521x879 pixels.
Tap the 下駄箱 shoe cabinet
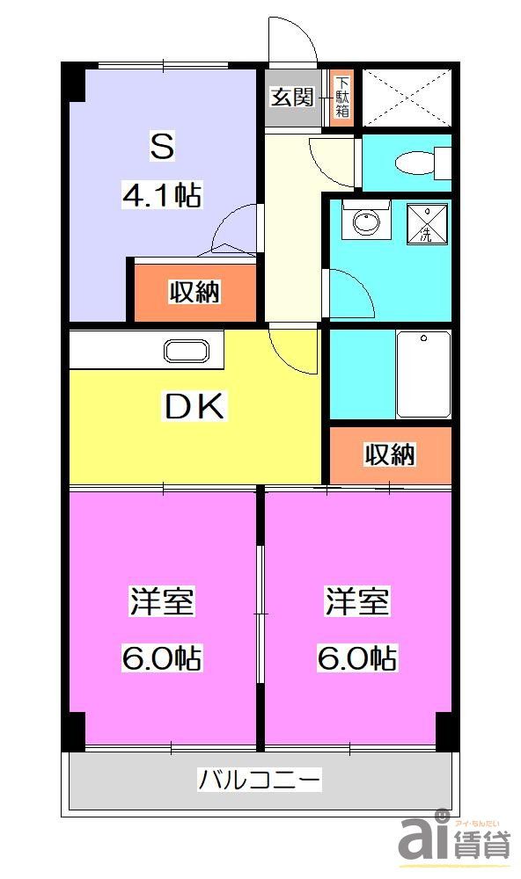[341, 97]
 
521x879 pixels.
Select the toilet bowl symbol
[414, 163]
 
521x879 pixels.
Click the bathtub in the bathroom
[423, 374]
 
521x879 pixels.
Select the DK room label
[195, 406]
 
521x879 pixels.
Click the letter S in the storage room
[162, 147]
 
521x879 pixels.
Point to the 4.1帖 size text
[162, 196]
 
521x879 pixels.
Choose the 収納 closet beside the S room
[194, 292]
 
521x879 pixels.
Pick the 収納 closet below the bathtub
[390, 454]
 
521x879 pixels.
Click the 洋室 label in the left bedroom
[162, 603]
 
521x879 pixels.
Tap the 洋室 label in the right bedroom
[357, 603]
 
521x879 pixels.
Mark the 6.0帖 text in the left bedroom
[162, 657]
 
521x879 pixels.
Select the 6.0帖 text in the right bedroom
[357, 657]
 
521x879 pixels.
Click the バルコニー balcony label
[260, 779]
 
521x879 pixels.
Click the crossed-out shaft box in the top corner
[406, 97]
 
